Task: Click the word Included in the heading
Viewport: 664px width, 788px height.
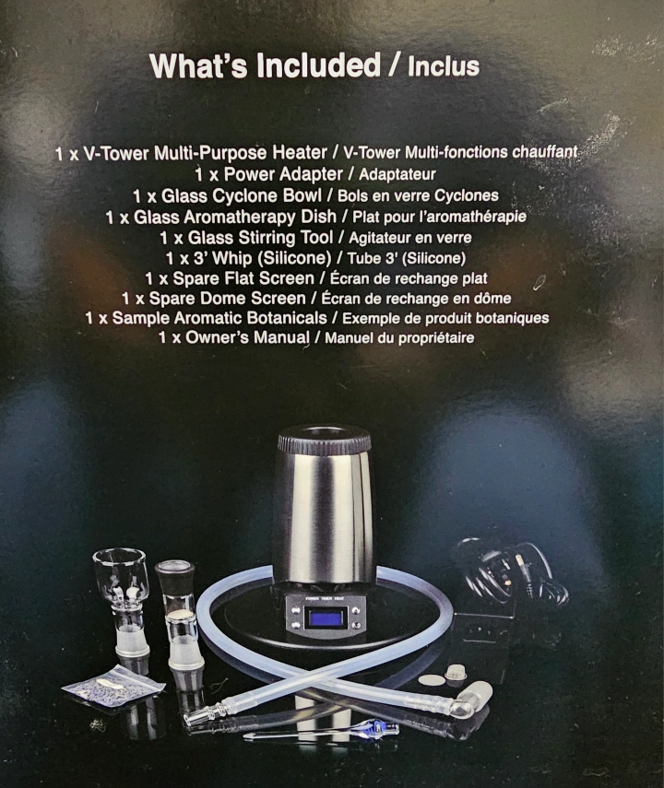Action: point(318,65)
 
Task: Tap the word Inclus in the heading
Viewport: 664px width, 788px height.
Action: point(444,67)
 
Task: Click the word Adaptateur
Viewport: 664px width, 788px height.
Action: point(397,175)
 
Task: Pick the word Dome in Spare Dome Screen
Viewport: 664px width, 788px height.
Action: point(223,298)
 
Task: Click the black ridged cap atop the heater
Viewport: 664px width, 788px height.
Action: point(325,438)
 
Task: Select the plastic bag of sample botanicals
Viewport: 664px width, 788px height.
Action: point(113,685)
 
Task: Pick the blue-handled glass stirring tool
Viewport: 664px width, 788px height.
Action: point(321,731)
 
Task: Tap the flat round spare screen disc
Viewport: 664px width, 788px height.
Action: point(432,680)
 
